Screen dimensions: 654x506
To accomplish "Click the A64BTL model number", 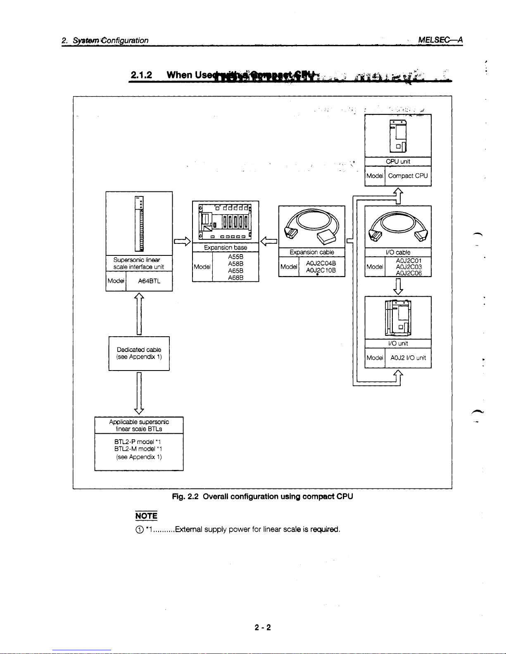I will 149,281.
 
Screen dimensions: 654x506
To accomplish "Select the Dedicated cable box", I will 139,353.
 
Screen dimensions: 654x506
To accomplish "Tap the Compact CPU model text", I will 408,176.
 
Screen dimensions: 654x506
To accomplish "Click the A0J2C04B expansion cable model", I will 321,264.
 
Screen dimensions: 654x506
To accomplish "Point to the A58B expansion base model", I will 235,263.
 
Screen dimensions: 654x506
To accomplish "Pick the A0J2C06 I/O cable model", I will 409,273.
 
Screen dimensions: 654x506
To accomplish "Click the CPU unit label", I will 398,162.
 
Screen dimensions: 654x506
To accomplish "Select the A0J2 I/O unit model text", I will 408,358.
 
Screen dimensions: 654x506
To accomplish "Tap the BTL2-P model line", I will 133,442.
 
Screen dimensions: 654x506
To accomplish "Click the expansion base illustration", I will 225,222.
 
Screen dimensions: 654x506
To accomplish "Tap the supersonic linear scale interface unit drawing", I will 139,224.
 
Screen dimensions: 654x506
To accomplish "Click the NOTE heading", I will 146,516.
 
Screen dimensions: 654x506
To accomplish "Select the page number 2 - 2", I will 263,628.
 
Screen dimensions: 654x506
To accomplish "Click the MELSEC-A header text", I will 440,40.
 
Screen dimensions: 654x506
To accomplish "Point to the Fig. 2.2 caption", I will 262,496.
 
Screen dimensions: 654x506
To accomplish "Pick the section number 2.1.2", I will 141,75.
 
